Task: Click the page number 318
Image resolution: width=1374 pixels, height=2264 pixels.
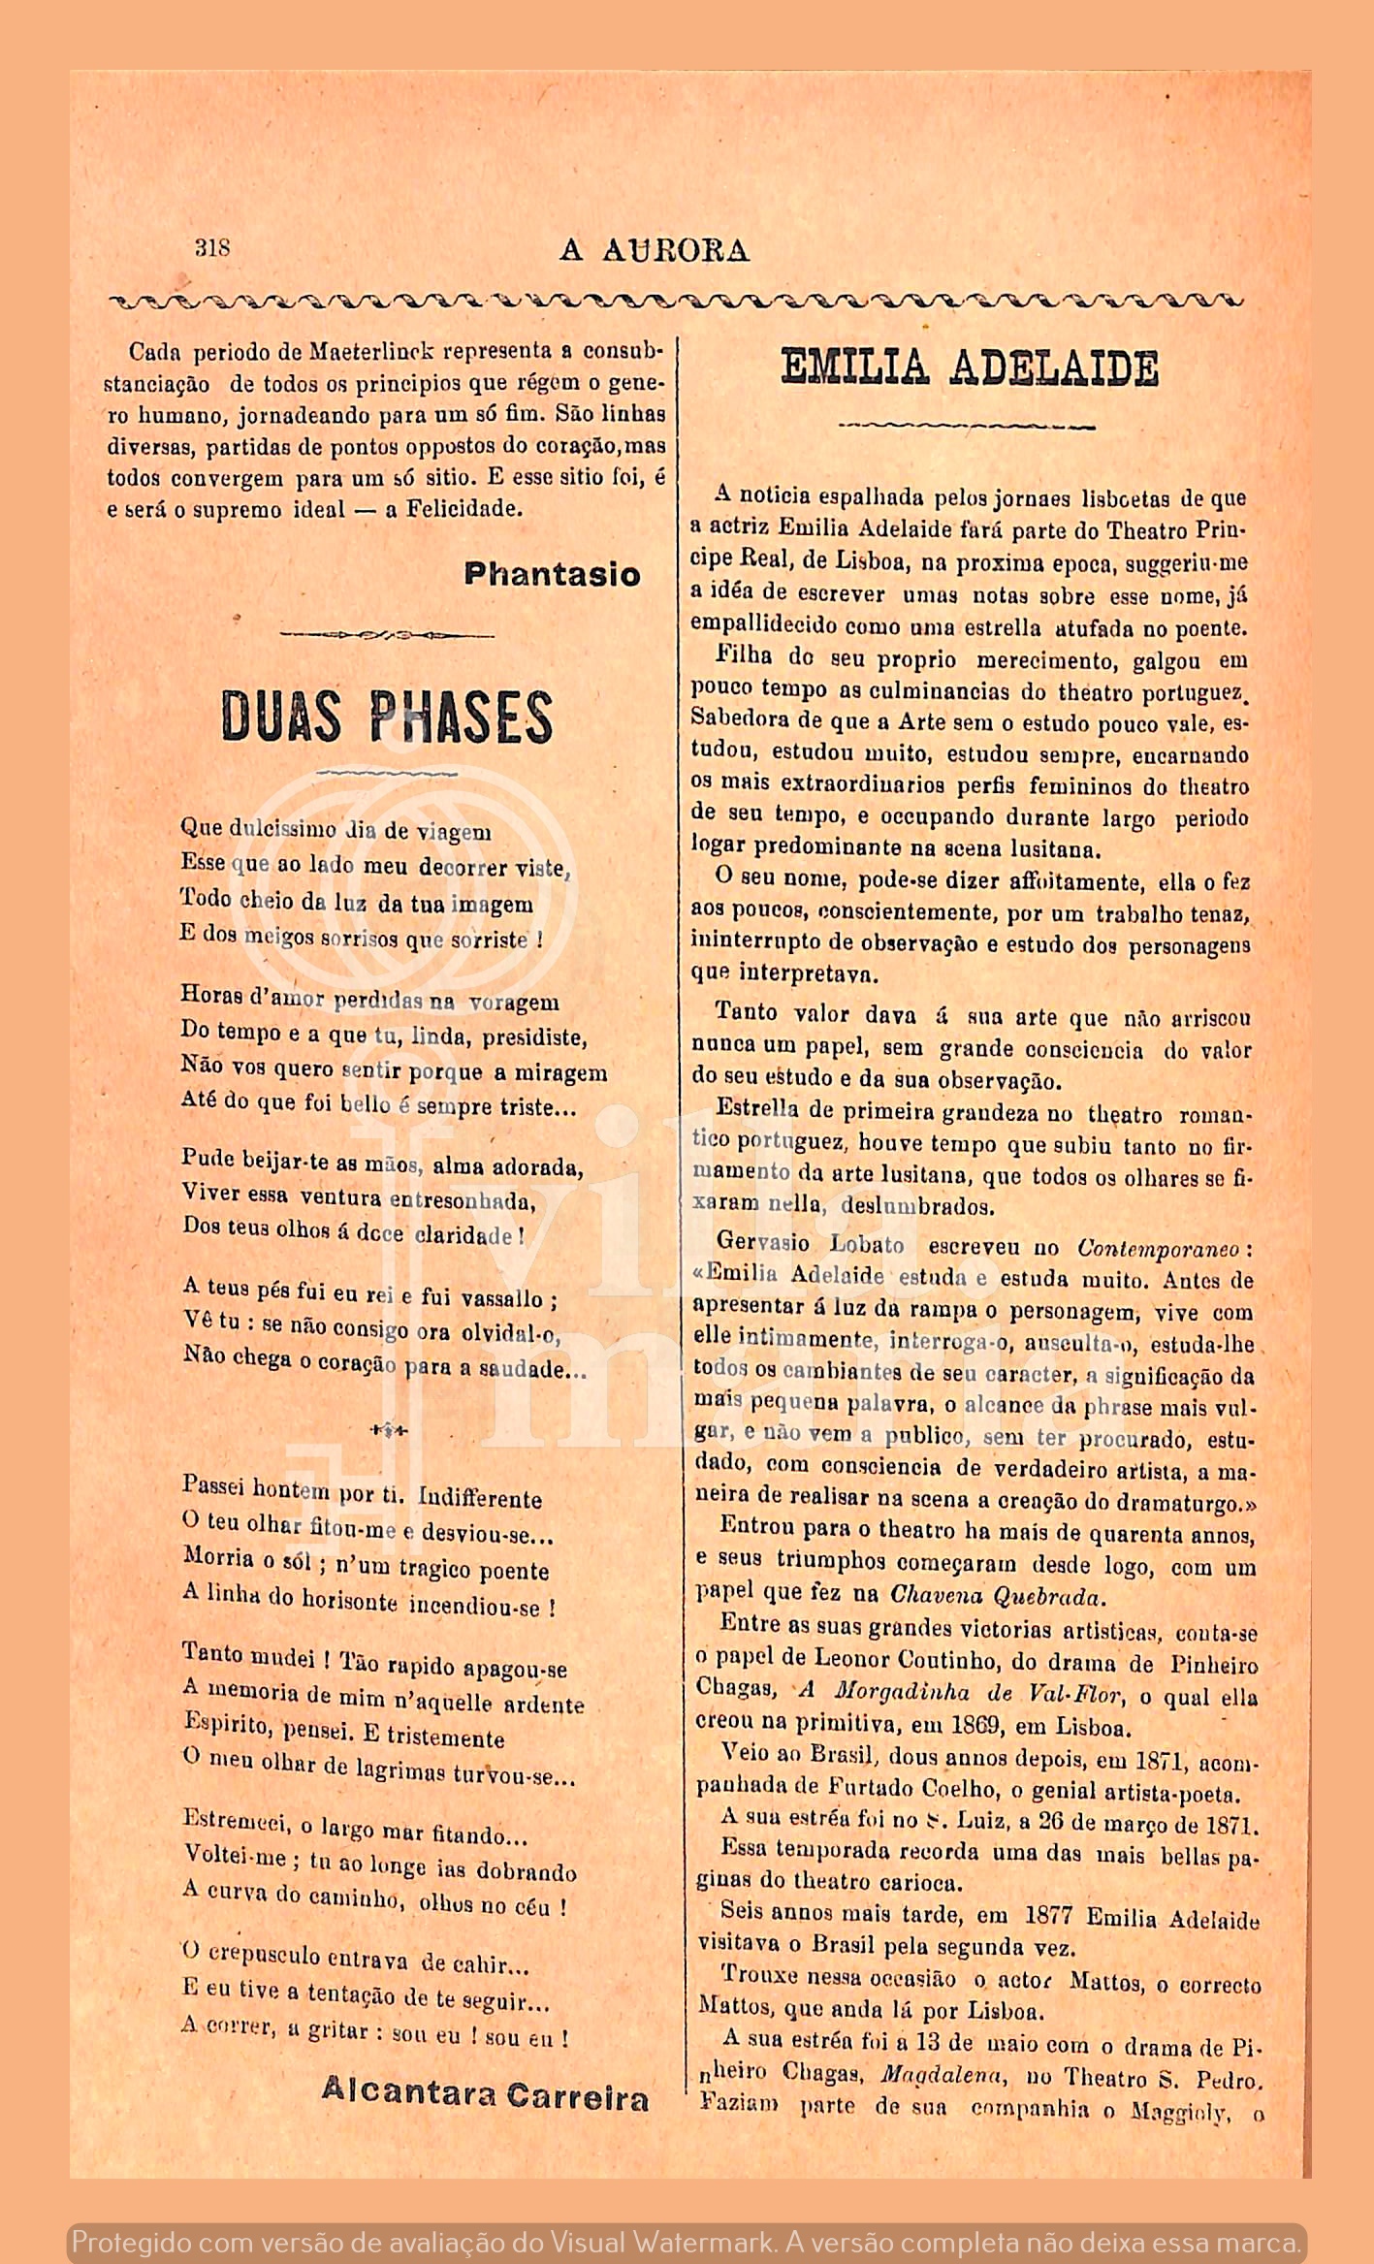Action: pos(212,247)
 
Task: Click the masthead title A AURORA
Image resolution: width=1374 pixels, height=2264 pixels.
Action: pos(655,250)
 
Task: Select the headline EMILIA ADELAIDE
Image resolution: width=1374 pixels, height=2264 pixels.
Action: pos(969,368)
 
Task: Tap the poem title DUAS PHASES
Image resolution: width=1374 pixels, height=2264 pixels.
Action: pos(387,717)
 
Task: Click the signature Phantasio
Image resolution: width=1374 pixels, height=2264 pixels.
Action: pos(552,574)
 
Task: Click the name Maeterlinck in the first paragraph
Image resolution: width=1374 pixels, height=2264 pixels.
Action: pos(372,351)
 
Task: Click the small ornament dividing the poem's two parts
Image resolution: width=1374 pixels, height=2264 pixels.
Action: pos(389,1431)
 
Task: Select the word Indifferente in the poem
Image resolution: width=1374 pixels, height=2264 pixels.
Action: pos(480,1498)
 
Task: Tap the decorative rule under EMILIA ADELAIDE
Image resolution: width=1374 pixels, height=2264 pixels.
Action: pos(966,426)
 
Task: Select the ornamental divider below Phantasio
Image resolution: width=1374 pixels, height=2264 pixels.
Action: pos(387,636)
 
